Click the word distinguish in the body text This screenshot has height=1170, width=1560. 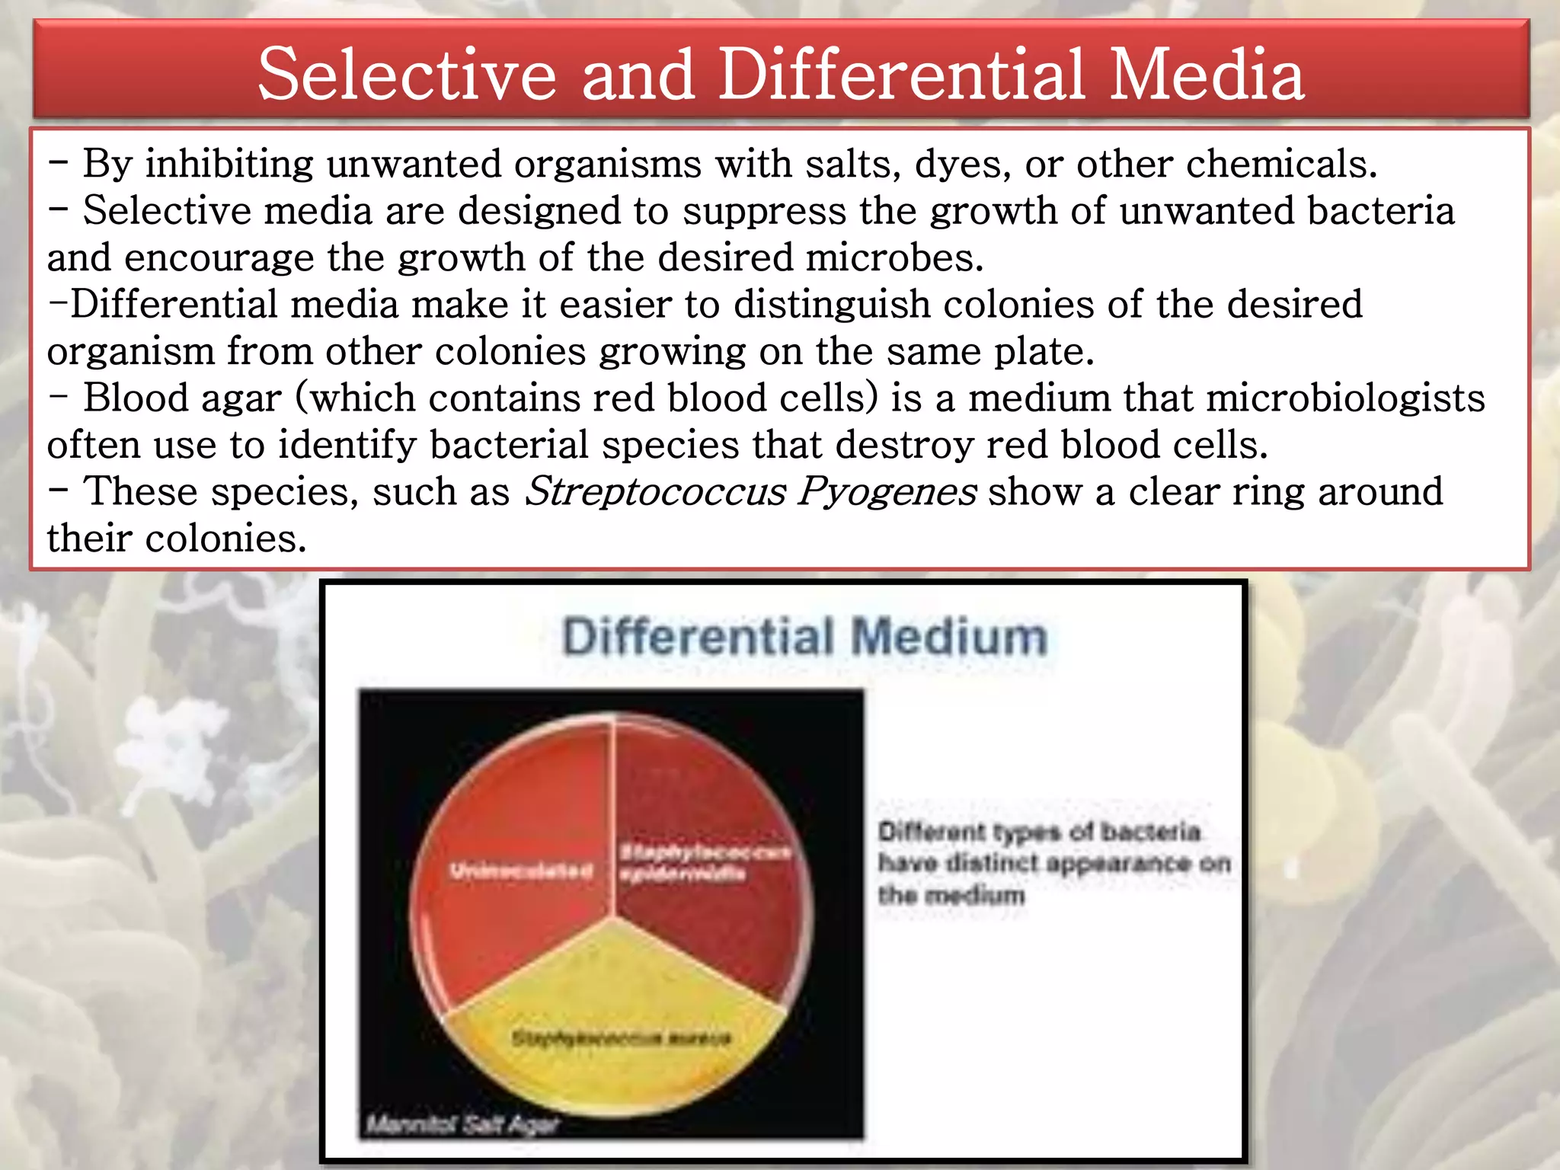pyautogui.click(x=832, y=305)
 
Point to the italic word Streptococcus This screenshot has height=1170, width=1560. pyautogui.click(x=655, y=492)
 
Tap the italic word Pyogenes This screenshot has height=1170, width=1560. pyautogui.click(x=887, y=492)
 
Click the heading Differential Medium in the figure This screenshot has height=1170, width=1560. pyautogui.click(x=804, y=637)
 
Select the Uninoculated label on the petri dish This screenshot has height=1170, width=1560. pyautogui.click(x=521, y=871)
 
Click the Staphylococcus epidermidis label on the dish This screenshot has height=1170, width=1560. pyautogui.click(x=702, y=862)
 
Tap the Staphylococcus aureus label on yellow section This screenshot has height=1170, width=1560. pyautogui.click(x=621, y=1037)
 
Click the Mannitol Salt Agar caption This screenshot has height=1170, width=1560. pyautogui.click(x=462, y=1124)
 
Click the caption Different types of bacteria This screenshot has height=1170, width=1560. pyautogui.click(x=1039, y=832)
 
